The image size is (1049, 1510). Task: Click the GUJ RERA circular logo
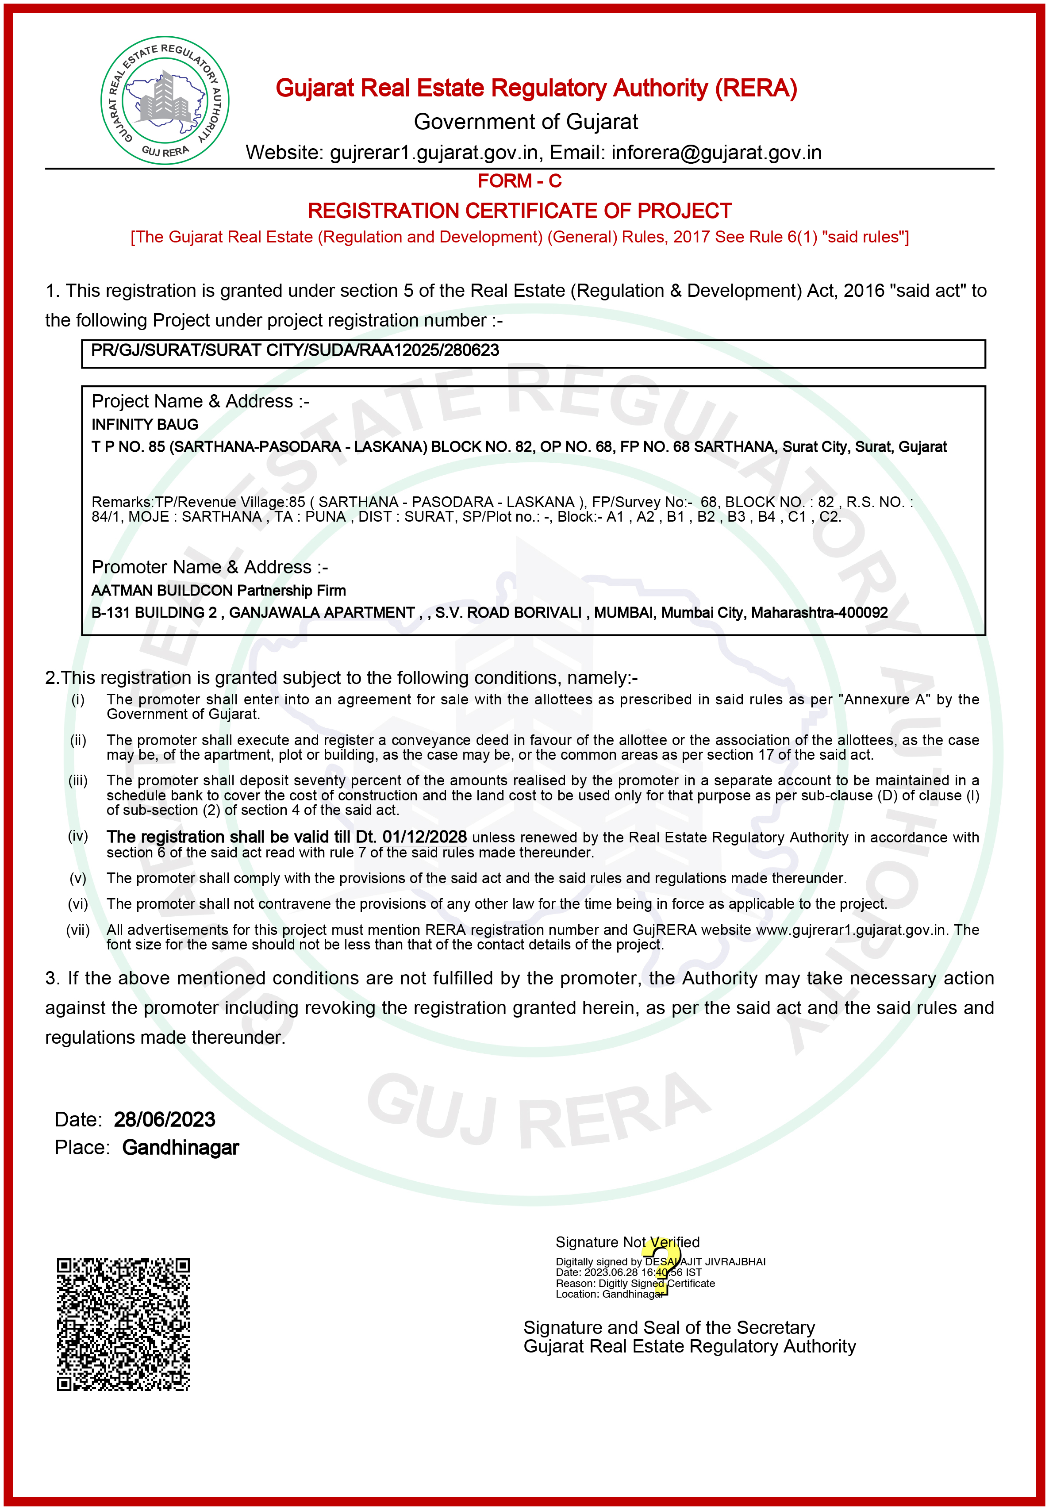165,100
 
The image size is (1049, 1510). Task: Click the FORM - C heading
519,181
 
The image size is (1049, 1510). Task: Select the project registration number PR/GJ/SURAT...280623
295,350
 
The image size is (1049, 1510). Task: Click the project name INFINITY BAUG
145,424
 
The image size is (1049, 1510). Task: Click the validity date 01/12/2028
425,837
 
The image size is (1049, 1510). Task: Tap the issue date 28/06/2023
164,1119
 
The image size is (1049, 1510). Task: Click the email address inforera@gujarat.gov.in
716,153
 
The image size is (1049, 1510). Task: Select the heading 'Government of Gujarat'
526,122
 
